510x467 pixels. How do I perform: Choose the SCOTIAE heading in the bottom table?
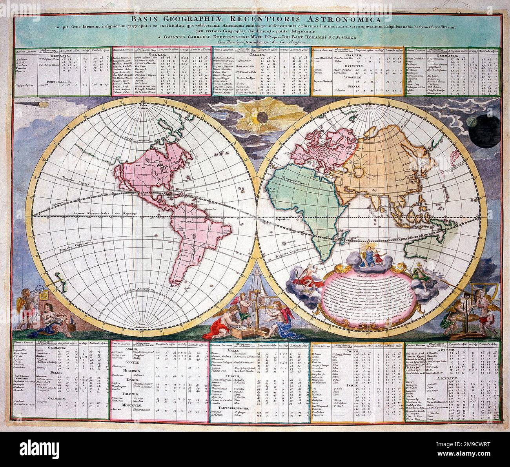tap(132, 362)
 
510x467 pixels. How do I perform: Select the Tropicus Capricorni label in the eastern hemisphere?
tap(291, 255)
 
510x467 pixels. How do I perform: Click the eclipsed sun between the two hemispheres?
tap(259, 117)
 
